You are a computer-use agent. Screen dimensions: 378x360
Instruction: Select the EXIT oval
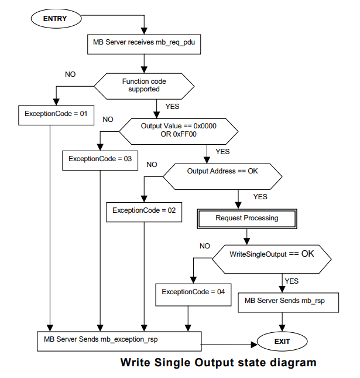(x=282, y=340)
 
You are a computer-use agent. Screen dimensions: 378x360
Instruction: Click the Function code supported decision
(x=143, y=86)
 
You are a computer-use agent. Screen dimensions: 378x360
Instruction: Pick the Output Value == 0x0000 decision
(x=178, y=130)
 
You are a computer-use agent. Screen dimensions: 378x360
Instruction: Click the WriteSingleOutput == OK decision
(x=271, y=255)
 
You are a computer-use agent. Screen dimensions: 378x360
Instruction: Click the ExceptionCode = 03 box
(x=100, y=159)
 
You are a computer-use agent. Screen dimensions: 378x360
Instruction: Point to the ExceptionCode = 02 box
(x=143, y=210)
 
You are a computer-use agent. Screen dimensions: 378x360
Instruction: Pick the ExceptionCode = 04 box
(x=193, y=292)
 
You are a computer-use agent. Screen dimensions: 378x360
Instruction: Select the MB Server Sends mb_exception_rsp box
(x=117, y=339)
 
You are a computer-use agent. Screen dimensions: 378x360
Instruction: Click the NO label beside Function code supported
(x=70, y=74)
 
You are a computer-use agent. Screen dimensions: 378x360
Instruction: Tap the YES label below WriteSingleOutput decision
(x=292, y=281)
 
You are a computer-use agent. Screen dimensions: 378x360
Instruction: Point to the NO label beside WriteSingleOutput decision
(x=204, y=246)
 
